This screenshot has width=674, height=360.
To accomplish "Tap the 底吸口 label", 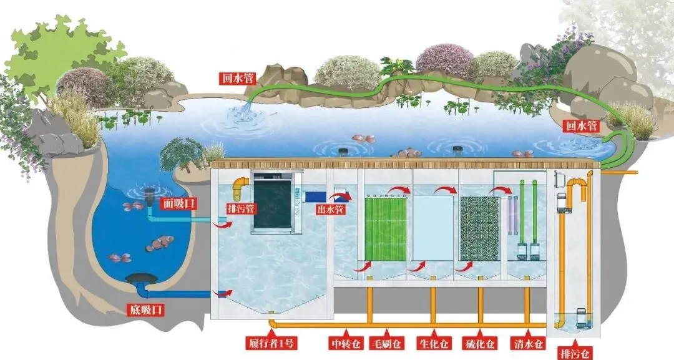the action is tap(147, 309).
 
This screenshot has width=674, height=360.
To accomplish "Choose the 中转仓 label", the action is tap(343, 343).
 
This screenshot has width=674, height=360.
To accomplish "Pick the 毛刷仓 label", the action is tap(387, 343).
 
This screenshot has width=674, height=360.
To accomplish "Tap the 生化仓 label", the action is tap(434, 343).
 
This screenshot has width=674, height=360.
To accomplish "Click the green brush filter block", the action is tap(385, 229).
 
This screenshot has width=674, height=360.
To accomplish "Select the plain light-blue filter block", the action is tap(432, 229).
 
